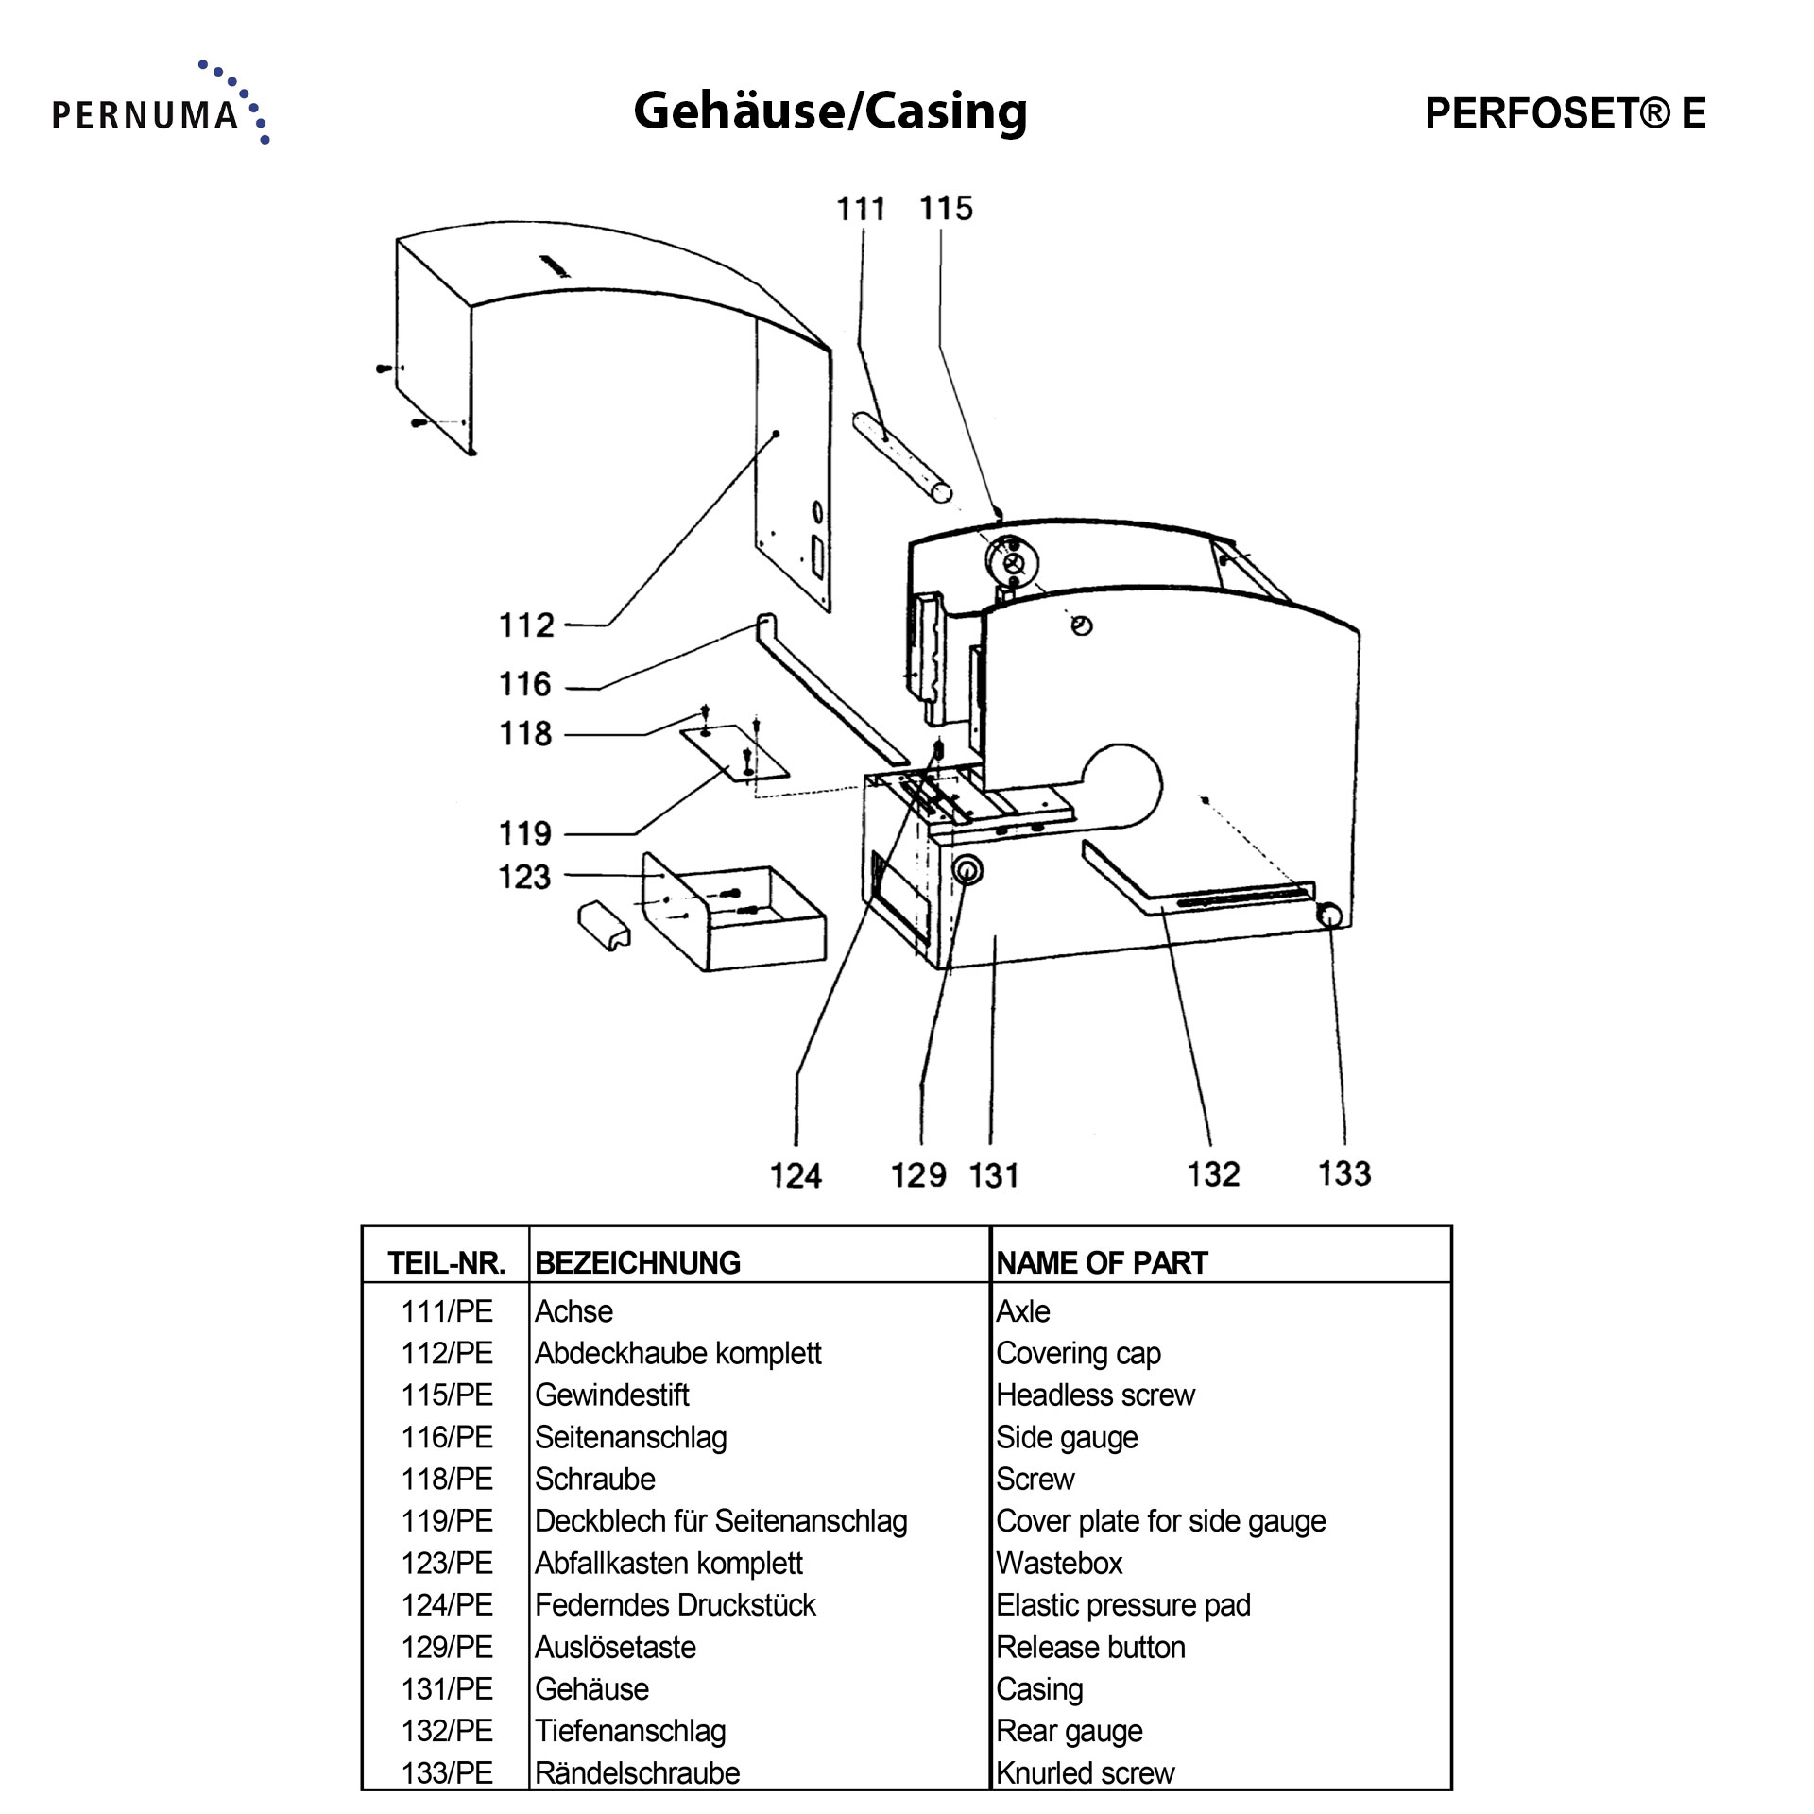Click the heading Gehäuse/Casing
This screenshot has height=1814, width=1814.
830,111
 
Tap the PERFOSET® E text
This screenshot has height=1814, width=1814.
1565,113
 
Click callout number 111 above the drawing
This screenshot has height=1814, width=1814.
860,209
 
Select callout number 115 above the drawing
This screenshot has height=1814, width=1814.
946,209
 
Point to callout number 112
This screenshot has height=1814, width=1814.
525,625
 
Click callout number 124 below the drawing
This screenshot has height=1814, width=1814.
796,1176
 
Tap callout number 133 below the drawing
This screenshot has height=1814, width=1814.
1344,1173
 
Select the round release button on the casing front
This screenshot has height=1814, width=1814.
967,870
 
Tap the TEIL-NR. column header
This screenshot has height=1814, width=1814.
446,1263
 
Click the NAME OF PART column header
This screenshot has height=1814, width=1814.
1102,1263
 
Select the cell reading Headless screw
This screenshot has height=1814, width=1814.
1095,1395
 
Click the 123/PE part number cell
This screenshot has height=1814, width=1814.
446,1564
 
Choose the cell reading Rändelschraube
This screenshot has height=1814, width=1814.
637,1773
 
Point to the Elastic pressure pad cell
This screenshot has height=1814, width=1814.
1122,1605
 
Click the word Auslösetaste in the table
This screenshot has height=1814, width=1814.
615,1648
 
